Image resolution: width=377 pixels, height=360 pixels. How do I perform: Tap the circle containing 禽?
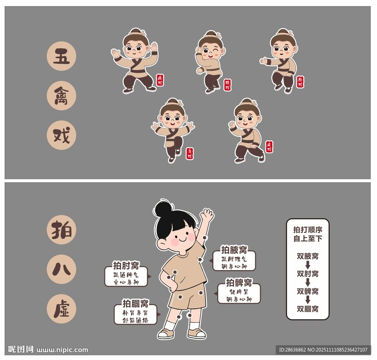point(61,96)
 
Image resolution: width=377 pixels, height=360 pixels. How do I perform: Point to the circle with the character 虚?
point(61,308)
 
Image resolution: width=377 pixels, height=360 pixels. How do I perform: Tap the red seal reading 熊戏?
point(300,82)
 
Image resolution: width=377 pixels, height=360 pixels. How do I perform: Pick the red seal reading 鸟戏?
point(190,153)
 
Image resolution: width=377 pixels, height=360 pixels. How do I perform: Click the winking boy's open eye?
point(206,51)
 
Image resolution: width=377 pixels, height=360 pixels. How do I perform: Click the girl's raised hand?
point(207,215)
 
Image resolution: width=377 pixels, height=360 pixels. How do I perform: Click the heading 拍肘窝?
point(126,265)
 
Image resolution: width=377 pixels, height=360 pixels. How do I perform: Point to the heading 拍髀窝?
point(239,282)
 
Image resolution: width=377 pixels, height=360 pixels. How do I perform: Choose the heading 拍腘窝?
point(135,304)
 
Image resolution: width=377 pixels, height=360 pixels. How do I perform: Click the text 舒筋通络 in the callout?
point(135,320)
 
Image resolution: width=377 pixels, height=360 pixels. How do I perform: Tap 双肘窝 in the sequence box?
point(307,274)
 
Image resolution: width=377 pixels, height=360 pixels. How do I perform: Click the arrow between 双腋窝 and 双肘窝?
point(308,265)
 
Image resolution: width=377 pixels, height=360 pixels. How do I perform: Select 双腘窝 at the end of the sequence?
point(307,309)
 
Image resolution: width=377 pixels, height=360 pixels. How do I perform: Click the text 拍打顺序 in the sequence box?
point(307,230)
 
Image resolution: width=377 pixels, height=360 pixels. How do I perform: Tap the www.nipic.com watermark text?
point(63,350)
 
